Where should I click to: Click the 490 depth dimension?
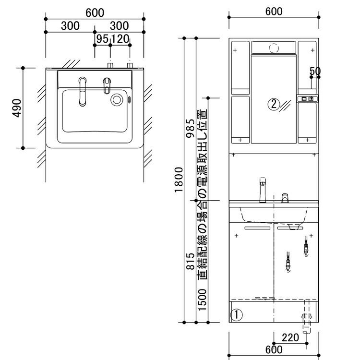(x=17, y=108)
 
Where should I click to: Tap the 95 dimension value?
(x=102, y=39)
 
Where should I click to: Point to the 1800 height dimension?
(x=179, y=180)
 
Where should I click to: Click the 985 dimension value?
(x=191, y=128)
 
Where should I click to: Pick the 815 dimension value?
(x=191, y=261)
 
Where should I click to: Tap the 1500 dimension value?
(x=202, y=300)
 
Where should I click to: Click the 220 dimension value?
(x=290, y=337)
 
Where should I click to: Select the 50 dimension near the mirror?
(x=315, y=71)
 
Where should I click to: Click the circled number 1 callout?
(x=236, y=314)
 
